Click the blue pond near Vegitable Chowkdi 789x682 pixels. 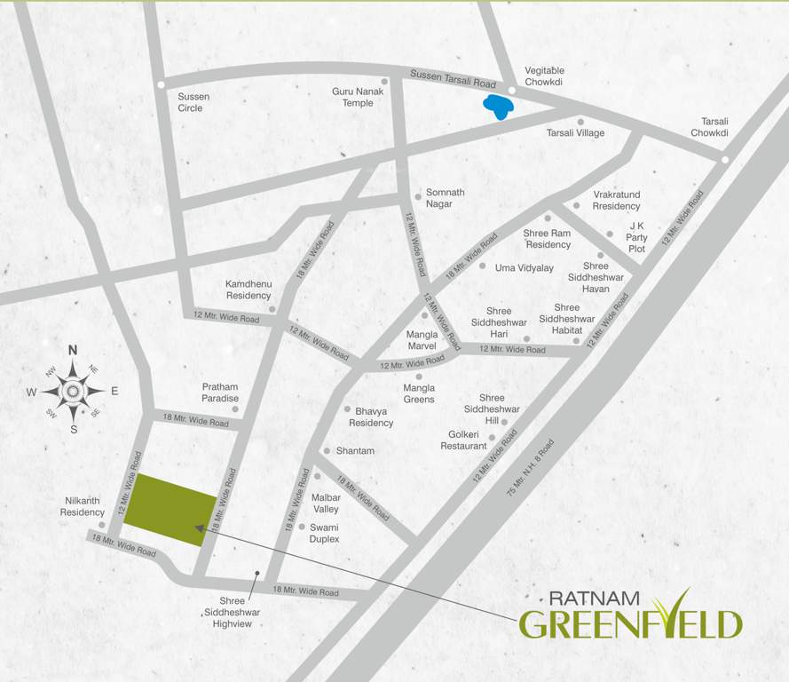[497, 107]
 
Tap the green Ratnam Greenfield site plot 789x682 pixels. [169, 511]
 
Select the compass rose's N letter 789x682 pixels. [74, 349]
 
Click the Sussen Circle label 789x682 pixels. [190, 102]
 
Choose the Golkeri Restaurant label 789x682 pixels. [463, 440]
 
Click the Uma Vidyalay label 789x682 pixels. [524, 267]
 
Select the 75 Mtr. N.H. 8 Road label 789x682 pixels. [530, 467]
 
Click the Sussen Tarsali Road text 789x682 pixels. [453, 81]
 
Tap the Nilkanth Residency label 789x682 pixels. [83, 506]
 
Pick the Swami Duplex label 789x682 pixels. [324, 533]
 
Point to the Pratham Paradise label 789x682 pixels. [220, 393]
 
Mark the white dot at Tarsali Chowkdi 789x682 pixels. [725, 160]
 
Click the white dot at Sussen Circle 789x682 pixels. [161, 85]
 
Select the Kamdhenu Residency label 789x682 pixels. [248, 289]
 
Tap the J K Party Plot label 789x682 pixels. [636, 238]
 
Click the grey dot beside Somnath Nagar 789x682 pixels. [417, 196]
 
